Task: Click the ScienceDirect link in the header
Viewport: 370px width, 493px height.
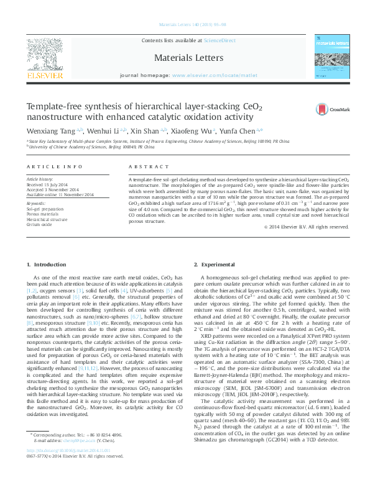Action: pos(220,40)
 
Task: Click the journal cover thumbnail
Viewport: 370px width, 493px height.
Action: pos(328,57)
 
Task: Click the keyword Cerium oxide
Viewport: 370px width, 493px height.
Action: pos(40,224)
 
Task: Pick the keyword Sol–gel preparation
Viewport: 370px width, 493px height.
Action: pos(45,209)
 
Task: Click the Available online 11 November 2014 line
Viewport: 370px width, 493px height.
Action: pos(60,195)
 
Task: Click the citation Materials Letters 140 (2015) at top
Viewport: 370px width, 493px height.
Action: pos(185,25)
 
